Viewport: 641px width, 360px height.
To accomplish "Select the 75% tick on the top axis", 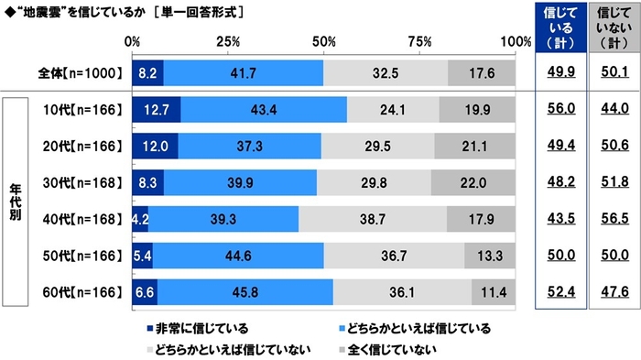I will pyautogui.click(x=420, y=41).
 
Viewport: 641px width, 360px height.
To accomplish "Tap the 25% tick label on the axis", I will pyautogui.click(x=228, y=41).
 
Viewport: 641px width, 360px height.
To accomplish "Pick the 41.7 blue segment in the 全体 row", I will pyautogui.click(x=243, y=72).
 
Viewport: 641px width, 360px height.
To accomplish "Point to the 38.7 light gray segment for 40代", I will pyautogui.click(x=373, y=218).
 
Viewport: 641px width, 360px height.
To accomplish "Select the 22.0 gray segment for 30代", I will pyautogui.click(x=473, y=181).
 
